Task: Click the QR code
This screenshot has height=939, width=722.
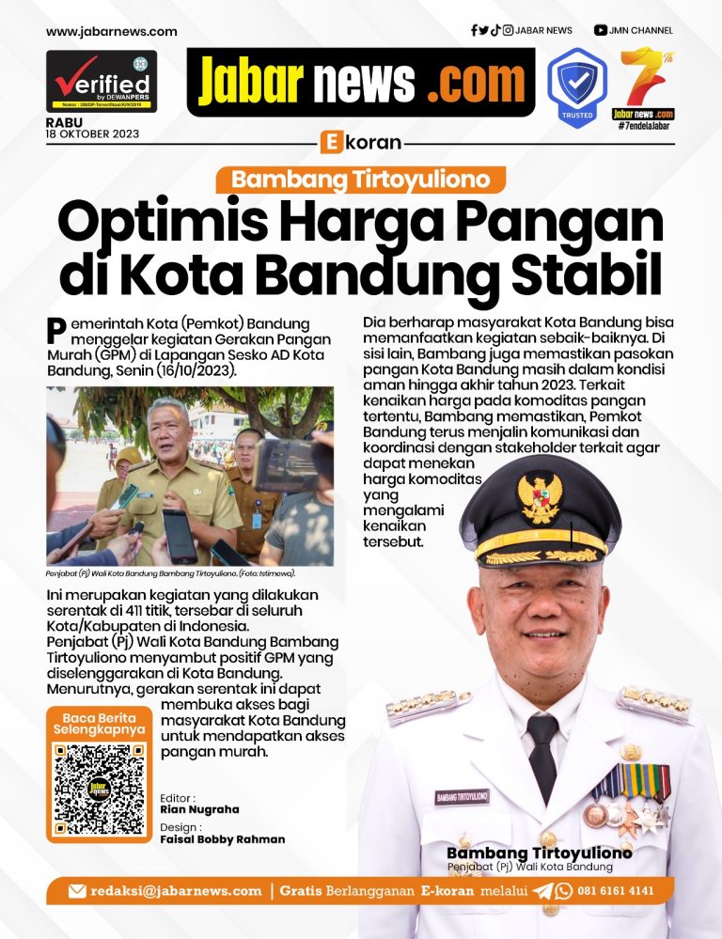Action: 100,790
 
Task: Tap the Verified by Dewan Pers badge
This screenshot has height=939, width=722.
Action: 102,81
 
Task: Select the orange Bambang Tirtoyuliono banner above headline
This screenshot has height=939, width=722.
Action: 361,180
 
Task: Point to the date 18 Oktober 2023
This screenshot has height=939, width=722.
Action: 92,133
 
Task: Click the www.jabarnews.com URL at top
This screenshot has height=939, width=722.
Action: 111,31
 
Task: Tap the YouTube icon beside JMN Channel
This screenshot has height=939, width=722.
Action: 600,30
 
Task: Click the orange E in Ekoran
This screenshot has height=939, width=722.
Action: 329,143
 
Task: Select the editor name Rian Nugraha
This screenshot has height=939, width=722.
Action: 200,809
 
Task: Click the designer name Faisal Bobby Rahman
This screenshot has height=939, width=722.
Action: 223,839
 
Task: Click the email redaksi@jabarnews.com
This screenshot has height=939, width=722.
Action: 176,890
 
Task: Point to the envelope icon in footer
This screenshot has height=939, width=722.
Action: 77,890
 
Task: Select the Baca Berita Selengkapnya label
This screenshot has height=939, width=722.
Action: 99,723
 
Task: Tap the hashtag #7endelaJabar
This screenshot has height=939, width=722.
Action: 644,126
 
